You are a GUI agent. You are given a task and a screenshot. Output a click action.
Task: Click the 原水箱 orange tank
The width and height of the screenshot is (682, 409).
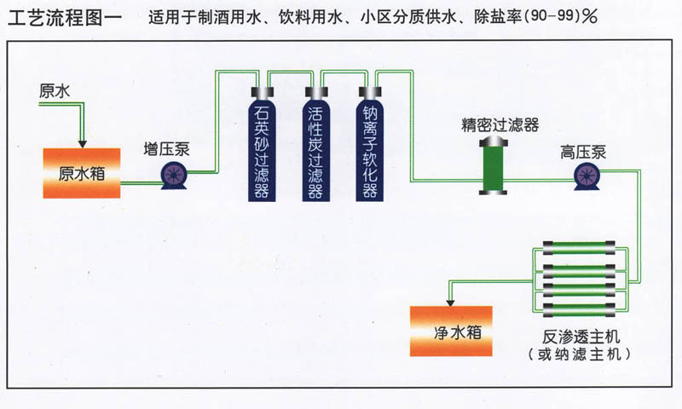tap(82, 173)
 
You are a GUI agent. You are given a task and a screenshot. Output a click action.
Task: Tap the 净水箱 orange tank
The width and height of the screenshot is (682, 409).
tap(451, 331)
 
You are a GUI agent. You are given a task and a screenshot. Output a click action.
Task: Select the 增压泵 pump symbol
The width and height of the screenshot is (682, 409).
tap(174, 176)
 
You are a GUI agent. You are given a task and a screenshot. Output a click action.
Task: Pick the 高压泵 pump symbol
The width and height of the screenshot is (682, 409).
tap(587, 176)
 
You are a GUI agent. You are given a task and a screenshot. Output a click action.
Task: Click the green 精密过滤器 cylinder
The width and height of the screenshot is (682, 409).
tap(493, 166)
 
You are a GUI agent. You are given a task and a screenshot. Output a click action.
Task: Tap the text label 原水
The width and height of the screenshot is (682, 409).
tap(55, 91)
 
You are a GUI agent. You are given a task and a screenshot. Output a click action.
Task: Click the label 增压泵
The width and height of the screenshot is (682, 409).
tap(167, 149)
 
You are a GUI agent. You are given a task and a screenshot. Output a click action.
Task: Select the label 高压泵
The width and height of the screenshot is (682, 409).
tap(583, 153)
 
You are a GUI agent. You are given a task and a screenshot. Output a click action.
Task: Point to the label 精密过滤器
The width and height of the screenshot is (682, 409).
tap(500, 125)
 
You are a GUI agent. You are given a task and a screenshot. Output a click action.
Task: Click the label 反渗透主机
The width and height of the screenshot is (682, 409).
tap(581, 337)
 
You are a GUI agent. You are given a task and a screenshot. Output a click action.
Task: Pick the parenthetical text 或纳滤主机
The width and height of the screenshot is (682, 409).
tap(579, 354)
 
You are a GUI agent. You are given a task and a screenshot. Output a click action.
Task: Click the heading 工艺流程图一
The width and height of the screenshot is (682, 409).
tap(66, 18)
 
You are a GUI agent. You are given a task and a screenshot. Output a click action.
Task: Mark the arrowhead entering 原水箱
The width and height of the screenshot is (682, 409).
tap(82, 144)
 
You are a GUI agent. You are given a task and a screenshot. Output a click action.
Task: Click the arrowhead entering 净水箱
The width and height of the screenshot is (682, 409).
tap(451, 302)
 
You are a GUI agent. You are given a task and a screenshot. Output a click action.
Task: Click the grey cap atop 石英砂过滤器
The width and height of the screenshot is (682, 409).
tap(263, 92)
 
